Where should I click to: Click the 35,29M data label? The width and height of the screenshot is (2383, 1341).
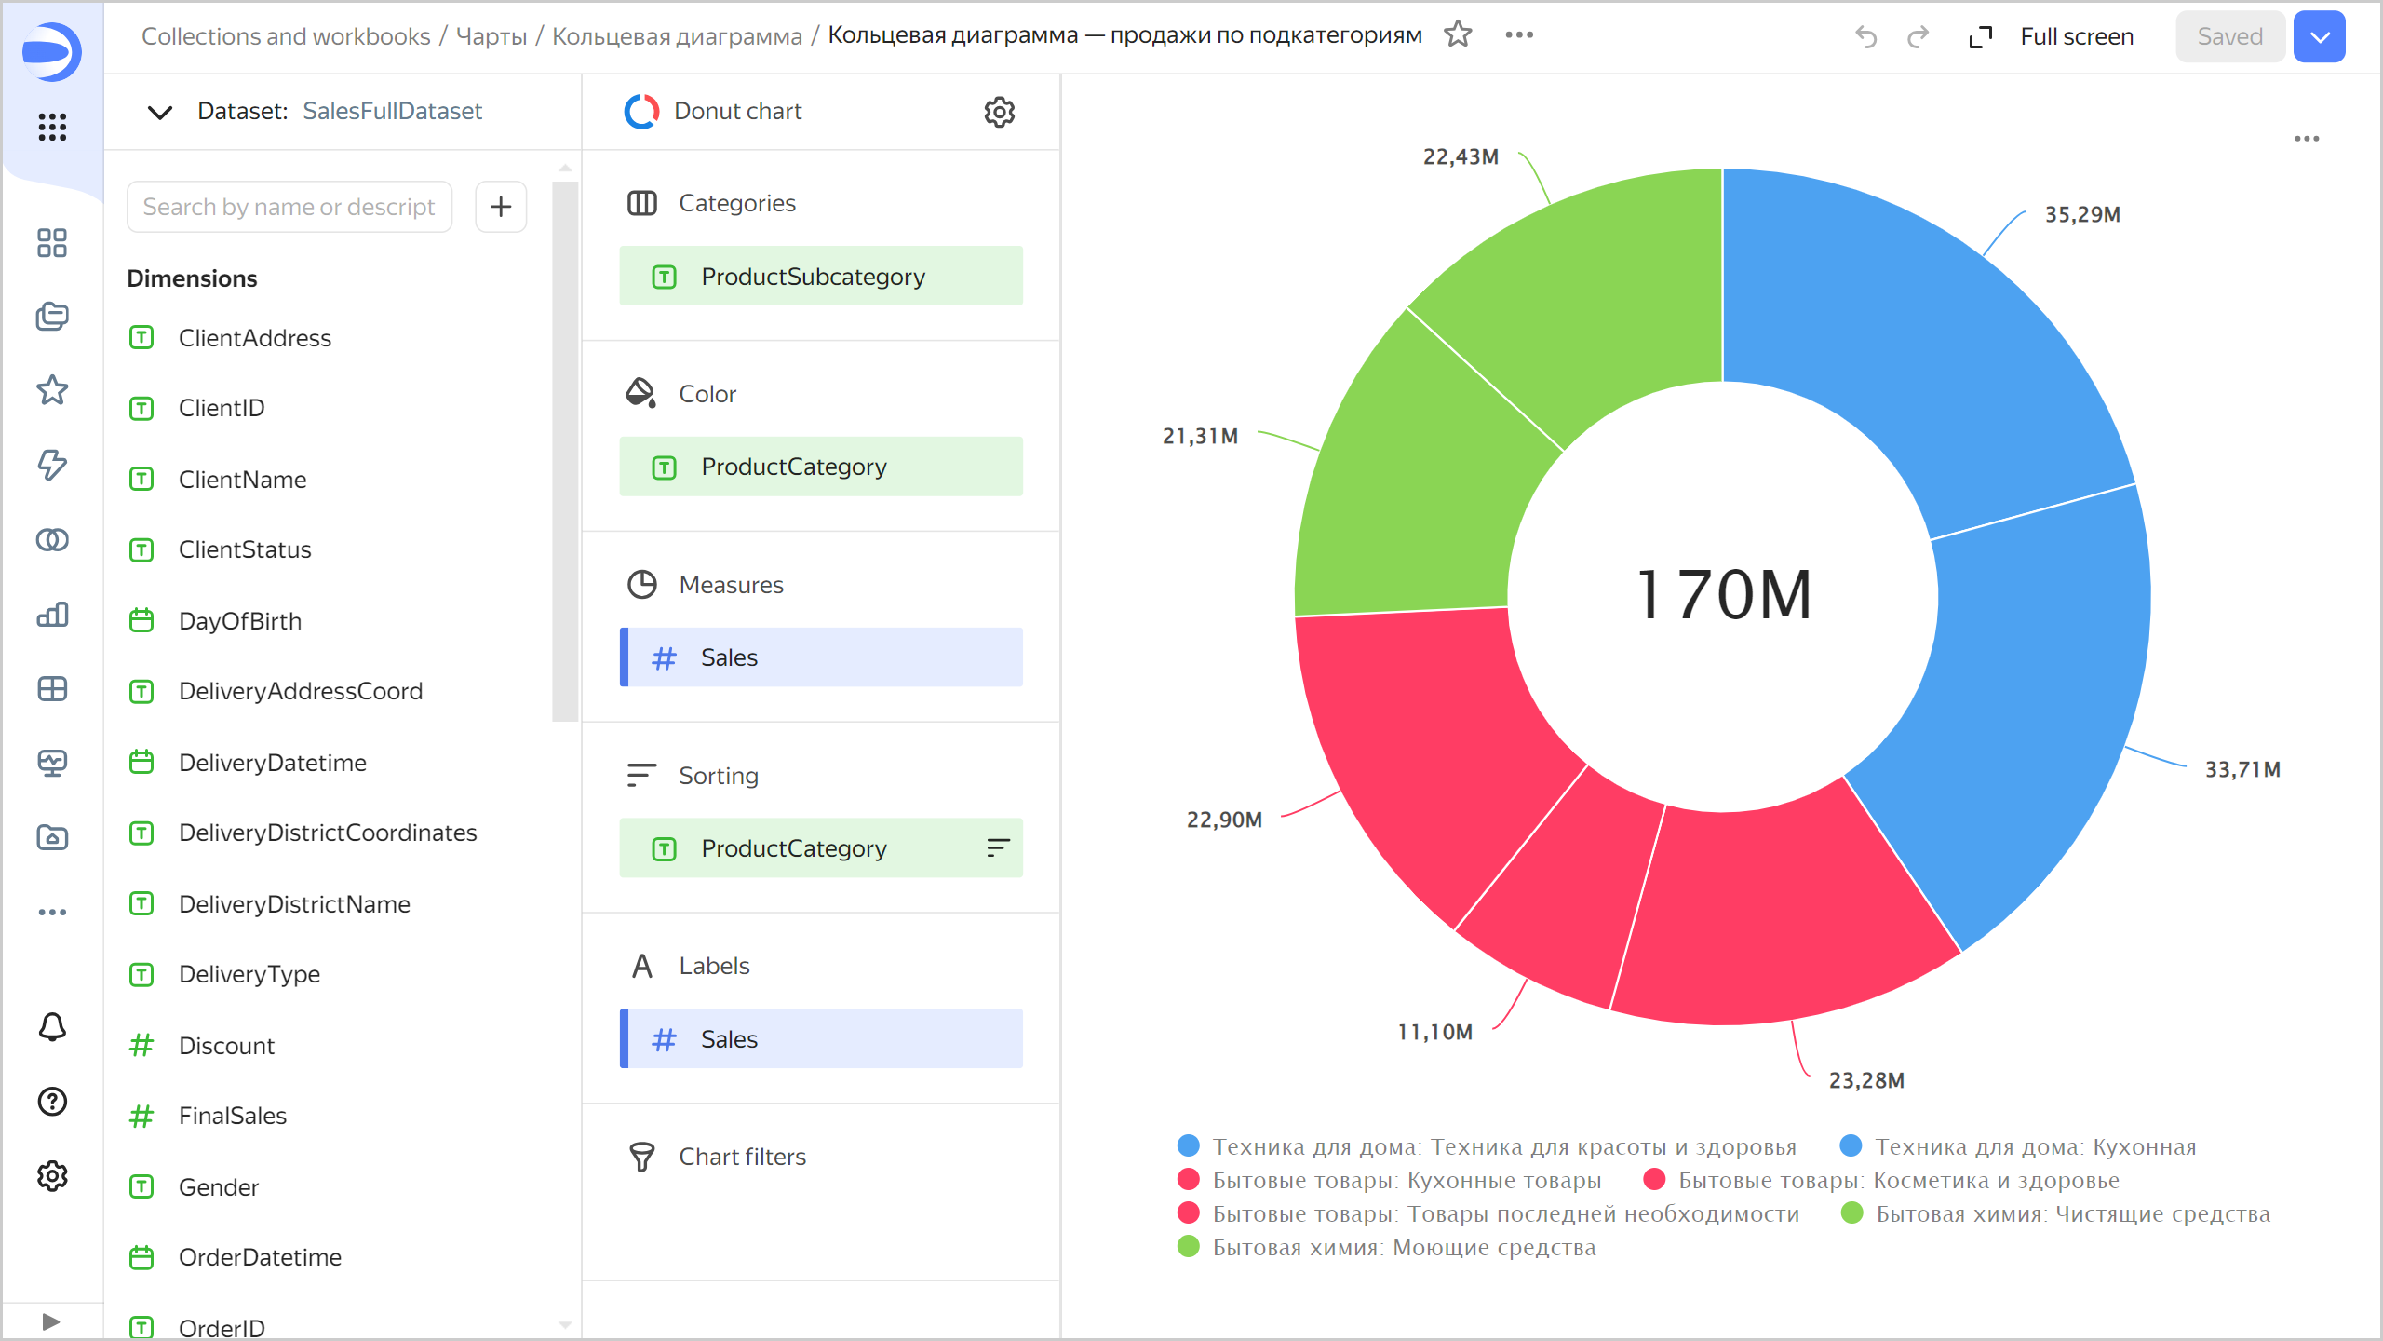[x=2081, y=214]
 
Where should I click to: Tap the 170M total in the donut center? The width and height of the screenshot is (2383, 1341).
[x=1724, y=595]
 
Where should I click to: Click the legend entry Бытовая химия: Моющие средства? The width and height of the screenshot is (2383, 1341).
[x=1403, y=1248]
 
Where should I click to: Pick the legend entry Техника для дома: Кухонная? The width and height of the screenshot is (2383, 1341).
[x=2034, y=1147]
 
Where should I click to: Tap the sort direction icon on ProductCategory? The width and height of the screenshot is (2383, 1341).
[x=998, y=847]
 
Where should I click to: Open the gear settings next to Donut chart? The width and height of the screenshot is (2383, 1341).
[x=999, y=112]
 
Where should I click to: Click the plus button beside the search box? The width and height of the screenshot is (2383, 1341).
[x=501, y=207]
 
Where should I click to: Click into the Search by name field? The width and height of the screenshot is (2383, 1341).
[x=289, y=207]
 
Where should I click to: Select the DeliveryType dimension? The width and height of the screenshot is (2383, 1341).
[x=249, y=974]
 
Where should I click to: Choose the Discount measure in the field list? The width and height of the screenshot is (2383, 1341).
[x=226, y=1046]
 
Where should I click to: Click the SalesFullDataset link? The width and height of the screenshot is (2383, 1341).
[x=392, y=112]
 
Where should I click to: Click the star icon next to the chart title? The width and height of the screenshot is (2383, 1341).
[x=1458, y=35]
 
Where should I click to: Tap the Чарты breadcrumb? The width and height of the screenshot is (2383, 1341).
[x=491, y=36]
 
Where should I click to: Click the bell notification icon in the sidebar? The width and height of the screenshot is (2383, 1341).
[x=52, y=1027]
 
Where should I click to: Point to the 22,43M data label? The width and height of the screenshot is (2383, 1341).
[x=1460, y=156]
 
